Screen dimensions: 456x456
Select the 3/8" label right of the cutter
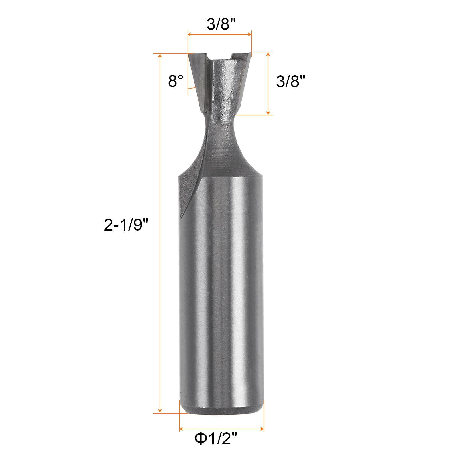coord(291,82)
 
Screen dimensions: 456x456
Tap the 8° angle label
coord(176,81)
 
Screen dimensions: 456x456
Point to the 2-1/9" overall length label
coord(126,225)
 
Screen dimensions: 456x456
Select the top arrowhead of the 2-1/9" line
coord(160,56)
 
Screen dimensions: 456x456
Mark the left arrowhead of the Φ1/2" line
coord(181,429)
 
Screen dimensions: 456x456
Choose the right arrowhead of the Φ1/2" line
coord(262,429)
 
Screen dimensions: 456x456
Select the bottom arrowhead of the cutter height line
coord(268,113)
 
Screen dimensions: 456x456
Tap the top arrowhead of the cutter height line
coord(268,54)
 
